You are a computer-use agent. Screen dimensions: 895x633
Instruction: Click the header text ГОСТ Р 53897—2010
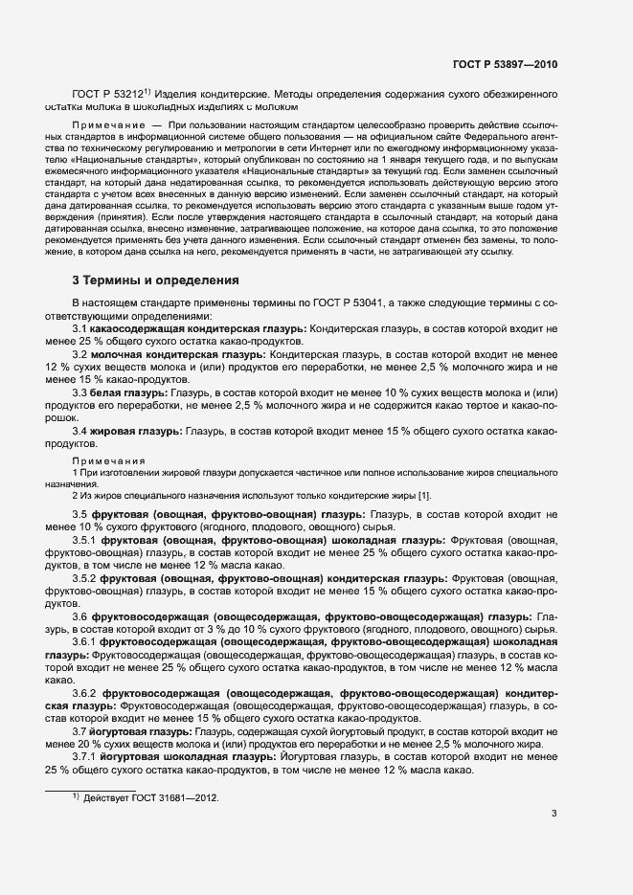pyautogui.click(x=504, y=64)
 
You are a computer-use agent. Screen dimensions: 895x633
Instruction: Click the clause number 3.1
pyautogui.click(x=80, y=329)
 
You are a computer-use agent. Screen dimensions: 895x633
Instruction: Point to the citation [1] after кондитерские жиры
pyautogui.click(x=424, y=494)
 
